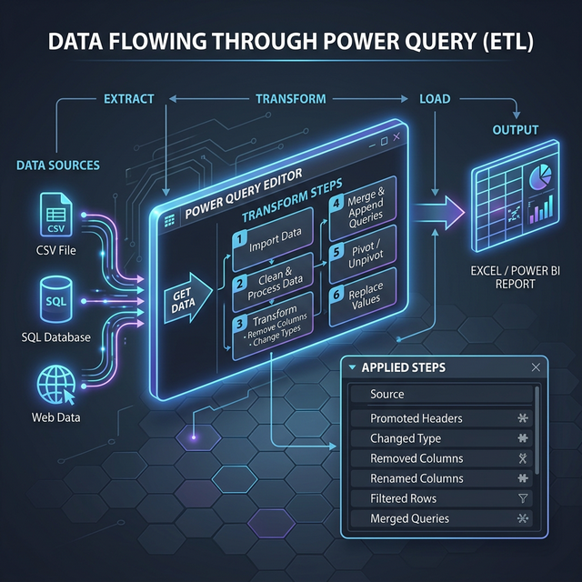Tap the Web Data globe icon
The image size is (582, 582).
(x=55, y=383)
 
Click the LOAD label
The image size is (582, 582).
(x=434, y=98)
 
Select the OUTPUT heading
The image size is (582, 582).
(x=515, y=129)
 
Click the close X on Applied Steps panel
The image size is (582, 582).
(x=536, y=367)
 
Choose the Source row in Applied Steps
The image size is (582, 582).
(x=440, y=395)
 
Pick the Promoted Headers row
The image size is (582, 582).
(x=440, y=419)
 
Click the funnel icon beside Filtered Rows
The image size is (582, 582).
(x=523, y=498)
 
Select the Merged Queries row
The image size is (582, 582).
(x=440, y=518)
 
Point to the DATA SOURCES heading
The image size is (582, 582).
(x=58, y=166)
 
